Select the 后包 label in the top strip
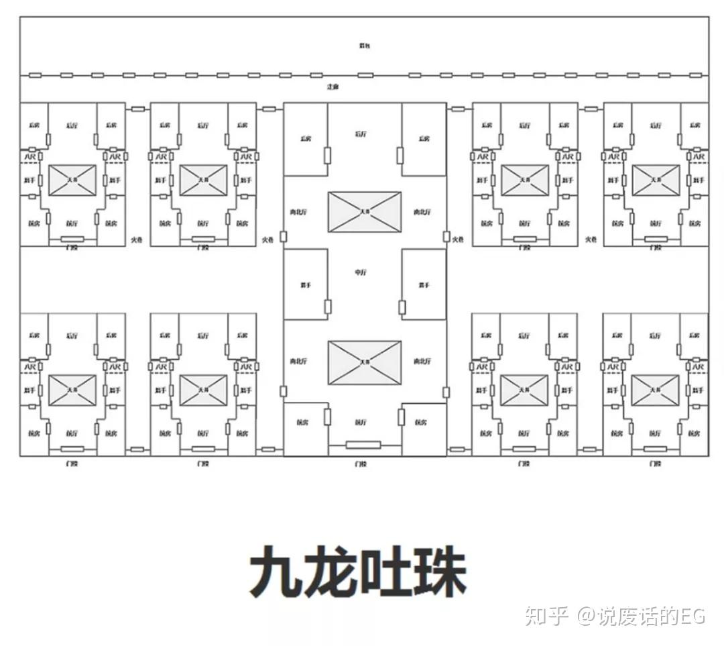point(364,46)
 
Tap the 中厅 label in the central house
point(361,272)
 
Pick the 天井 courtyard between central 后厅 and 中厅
point(365,212)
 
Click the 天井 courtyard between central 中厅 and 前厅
point(365,362)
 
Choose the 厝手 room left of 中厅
point(306,284)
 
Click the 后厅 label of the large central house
point(361,134)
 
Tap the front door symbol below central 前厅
point(363,444)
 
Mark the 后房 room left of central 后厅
point(306,139)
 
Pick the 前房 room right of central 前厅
point(422,423)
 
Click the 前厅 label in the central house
point(361,423)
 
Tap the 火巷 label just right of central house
point(458,239)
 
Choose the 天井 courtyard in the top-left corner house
point(72,180)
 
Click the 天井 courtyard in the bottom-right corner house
point(655,390)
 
